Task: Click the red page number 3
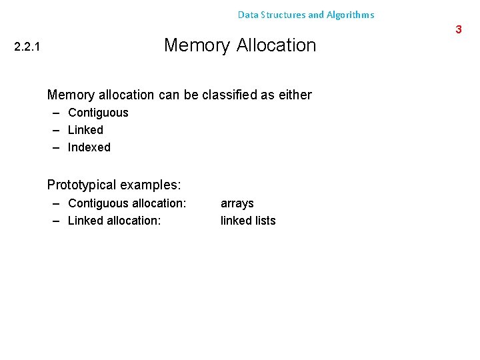(459, 29)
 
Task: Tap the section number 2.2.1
(27, 47)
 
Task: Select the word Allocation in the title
(276, 45)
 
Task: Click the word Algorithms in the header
(350, 15)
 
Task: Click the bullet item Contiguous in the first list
(98, 113)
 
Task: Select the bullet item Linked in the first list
(85, 130)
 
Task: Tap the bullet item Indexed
(89, 147)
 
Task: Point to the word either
(296, 95)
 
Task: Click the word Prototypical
(82, 185)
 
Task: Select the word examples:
(151, 185)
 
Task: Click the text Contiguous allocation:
(127, 203)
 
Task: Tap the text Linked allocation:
(114, 221)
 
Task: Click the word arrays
(237, 203)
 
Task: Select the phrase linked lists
(248, 221)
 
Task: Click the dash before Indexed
(57, 147)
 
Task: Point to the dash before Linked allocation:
(57, 221)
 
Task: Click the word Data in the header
(247, 15)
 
